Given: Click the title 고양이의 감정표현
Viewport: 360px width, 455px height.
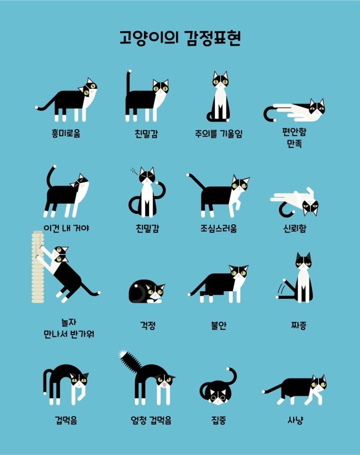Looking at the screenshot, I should tap(179, 39).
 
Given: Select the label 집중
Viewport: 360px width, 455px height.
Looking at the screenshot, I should tap(218, 420).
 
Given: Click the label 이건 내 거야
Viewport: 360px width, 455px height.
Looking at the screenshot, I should tap(66, 228).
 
